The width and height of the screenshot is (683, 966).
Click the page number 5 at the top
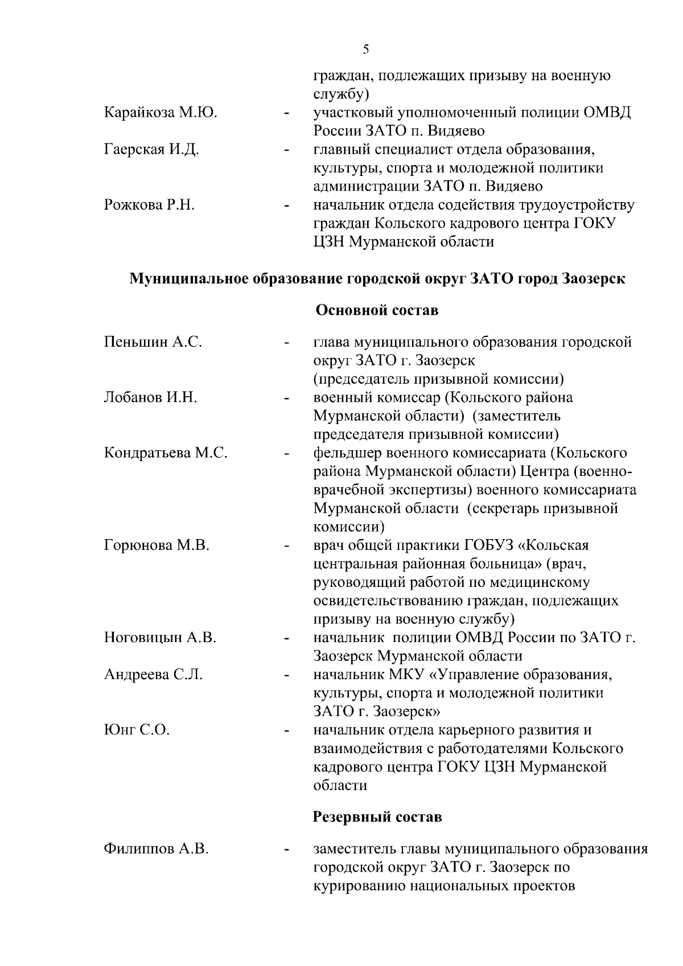click(x=366, y=50)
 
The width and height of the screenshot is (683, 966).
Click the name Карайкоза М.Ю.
click(x=161, y=113)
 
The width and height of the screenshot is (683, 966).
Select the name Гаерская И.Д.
click(x=151, y=150)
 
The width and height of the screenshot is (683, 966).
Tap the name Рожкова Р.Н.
click(x=149, y=205)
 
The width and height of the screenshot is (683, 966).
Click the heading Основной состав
click(x=377, y=311)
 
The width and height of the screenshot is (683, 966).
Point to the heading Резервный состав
click(x=377, y=817)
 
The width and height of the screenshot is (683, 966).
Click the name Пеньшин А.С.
click(x=153, y=342)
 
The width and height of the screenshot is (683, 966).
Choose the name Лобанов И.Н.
click(x=150, y=397)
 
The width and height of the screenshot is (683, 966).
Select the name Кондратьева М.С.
click(x=166, y=453)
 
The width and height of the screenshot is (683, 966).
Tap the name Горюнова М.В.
click(x=157, y=545)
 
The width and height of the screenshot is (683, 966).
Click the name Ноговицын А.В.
click(x=160, y=638)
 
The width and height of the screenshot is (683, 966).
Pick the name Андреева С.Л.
click(x=153, y=675)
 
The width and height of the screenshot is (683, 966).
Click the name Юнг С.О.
click(x=137, y=730)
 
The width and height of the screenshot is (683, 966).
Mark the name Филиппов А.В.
click(x=156, y=849)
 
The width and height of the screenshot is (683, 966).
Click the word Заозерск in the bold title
click(x=593, y=279)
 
